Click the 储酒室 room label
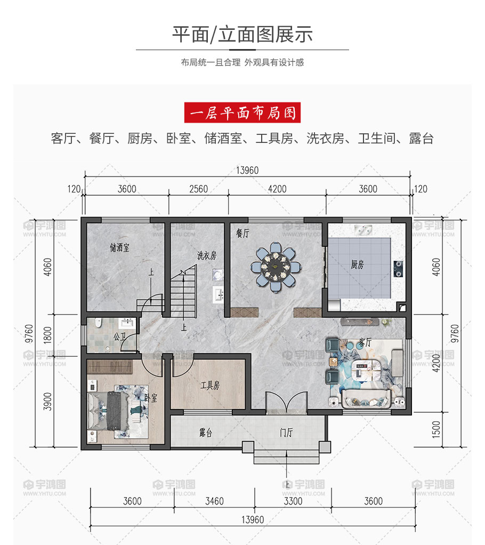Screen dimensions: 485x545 coord(119,247)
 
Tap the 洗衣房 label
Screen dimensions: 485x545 coord(207,255)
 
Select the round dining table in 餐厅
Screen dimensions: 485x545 coord(276,267)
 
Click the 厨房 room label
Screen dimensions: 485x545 coord(357,265)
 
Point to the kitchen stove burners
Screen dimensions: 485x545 coord(398,269)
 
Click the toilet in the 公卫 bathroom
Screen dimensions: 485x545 coord(98,323)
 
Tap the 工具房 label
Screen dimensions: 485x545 coord(210,385)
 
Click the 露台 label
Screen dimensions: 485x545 coord(206,432)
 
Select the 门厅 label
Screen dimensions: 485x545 coord(286,432)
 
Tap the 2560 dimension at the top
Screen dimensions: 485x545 coord(198,189)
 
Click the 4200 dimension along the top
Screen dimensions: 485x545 coord(277,189)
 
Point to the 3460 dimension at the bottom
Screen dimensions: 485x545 coord(214,501)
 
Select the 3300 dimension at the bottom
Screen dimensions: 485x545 coord(293,501)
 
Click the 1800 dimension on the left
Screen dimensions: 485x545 coord(47,335)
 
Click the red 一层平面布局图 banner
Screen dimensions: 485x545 coord(242,113)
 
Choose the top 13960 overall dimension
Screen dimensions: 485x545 coord(247,170)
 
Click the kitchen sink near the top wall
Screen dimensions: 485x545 coord(363,230)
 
